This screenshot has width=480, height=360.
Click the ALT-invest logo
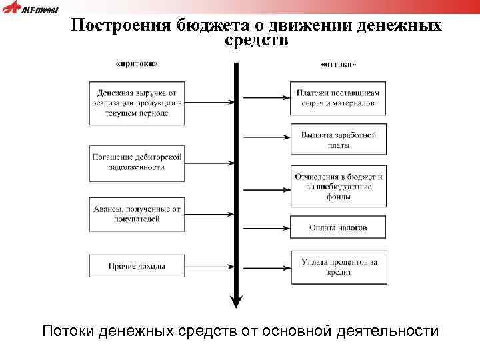(31, 9)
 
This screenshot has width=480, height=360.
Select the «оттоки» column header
(339, 65)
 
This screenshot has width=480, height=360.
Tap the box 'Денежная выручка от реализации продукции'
(137, 103)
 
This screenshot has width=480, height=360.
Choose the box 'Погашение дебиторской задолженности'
(137, 162)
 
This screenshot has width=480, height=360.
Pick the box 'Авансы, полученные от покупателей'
(137, 214)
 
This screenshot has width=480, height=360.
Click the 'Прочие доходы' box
(137, 267)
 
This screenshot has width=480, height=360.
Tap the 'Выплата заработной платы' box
(339, 139)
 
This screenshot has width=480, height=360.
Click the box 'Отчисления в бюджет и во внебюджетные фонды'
(339, 186)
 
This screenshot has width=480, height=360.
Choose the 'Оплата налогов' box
(339, 227)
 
